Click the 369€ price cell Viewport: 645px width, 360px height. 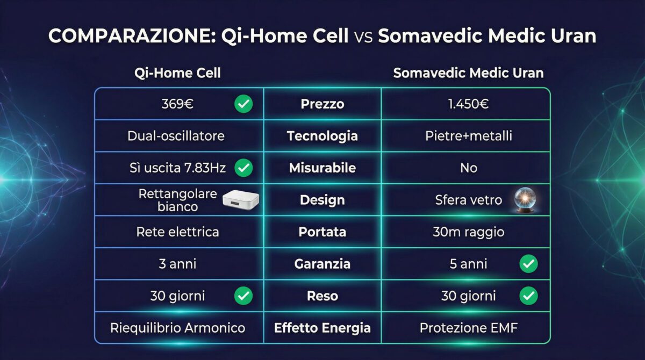(177, 104)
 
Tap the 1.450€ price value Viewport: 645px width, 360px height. (468, 104)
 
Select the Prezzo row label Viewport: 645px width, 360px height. (322, 104)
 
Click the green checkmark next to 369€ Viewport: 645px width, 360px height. (243, 104)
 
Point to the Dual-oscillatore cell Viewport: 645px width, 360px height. (176, 136)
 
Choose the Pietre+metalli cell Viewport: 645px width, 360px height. (468, 136)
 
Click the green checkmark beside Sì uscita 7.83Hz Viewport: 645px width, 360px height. (243, 168)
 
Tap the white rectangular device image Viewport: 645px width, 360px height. (238, 200)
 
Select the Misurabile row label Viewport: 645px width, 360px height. (322, 168)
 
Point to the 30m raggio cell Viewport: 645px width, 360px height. (468, 232)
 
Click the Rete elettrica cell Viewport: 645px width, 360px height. (177, 232)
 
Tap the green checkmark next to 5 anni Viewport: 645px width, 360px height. (529, 264)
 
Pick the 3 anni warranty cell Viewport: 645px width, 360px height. (177, 264)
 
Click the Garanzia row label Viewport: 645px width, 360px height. (322, 264)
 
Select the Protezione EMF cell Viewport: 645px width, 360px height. (468, 328)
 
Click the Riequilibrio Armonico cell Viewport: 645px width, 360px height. (177, 328)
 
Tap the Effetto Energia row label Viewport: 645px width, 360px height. (322, 328)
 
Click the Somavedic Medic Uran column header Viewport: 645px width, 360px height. (468, 73)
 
